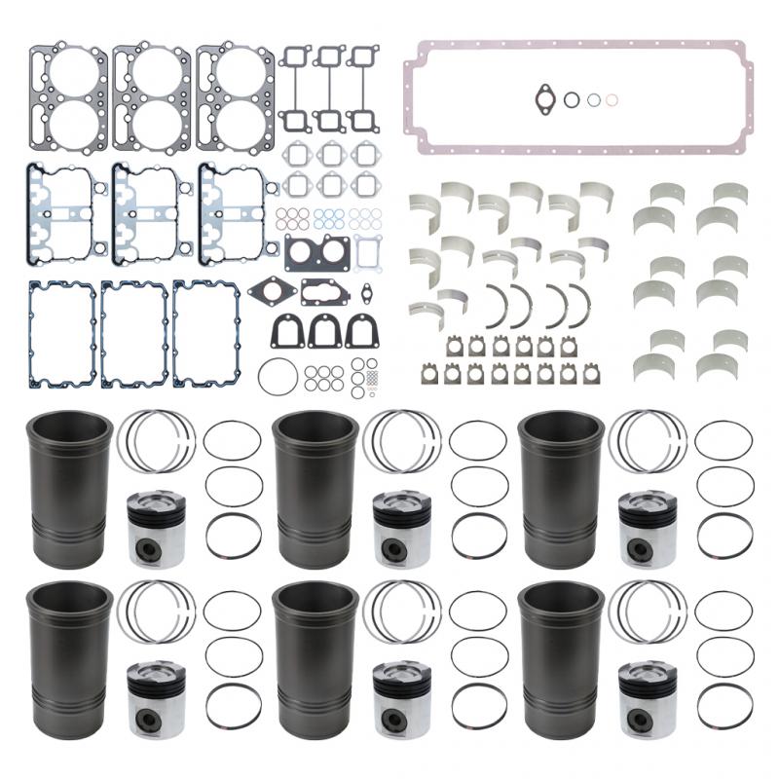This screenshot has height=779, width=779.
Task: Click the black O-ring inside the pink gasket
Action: coord(572,98)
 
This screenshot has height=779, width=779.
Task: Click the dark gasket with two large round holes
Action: coord(316,253)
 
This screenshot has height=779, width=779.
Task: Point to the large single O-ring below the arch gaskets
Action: coord(278,375)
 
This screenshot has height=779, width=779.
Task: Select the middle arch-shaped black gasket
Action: coord(324,332)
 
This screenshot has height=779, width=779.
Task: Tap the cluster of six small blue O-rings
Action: coord(329,217)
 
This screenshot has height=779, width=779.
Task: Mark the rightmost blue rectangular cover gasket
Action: coord(206,319)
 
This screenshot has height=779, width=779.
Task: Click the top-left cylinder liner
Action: coord(71,489)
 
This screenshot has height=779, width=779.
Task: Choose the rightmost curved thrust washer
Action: coord(582,307)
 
